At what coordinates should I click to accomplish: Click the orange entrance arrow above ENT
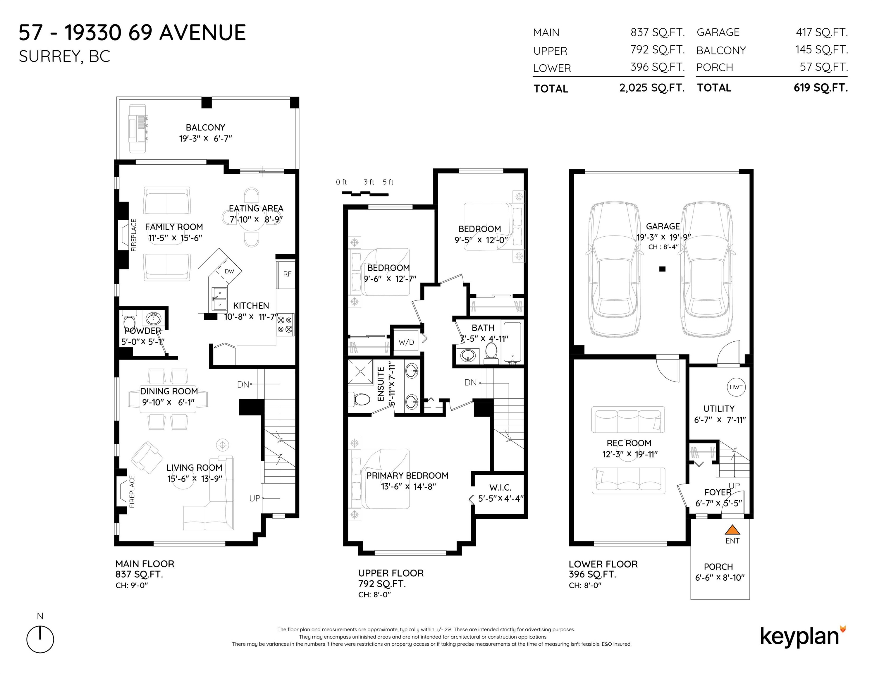click(732, 529)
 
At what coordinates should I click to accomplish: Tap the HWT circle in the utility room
click(736, 387)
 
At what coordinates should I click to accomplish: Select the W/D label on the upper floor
click(406, 342)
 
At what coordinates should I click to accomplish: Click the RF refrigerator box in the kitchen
click(287, 274)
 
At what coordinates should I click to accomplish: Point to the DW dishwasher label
click(229, 271)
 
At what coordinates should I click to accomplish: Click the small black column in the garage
click(662, 269)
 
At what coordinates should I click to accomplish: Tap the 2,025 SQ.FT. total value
click(652, 88)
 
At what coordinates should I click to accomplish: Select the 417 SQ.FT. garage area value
click(822, 32)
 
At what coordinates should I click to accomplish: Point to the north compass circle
click(40, 640)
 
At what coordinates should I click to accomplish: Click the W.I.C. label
click(500, 488)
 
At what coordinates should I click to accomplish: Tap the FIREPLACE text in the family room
click(134, 235)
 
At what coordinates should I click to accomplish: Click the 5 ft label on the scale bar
click(388, 182)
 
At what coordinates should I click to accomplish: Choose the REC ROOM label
click(629, 443)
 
